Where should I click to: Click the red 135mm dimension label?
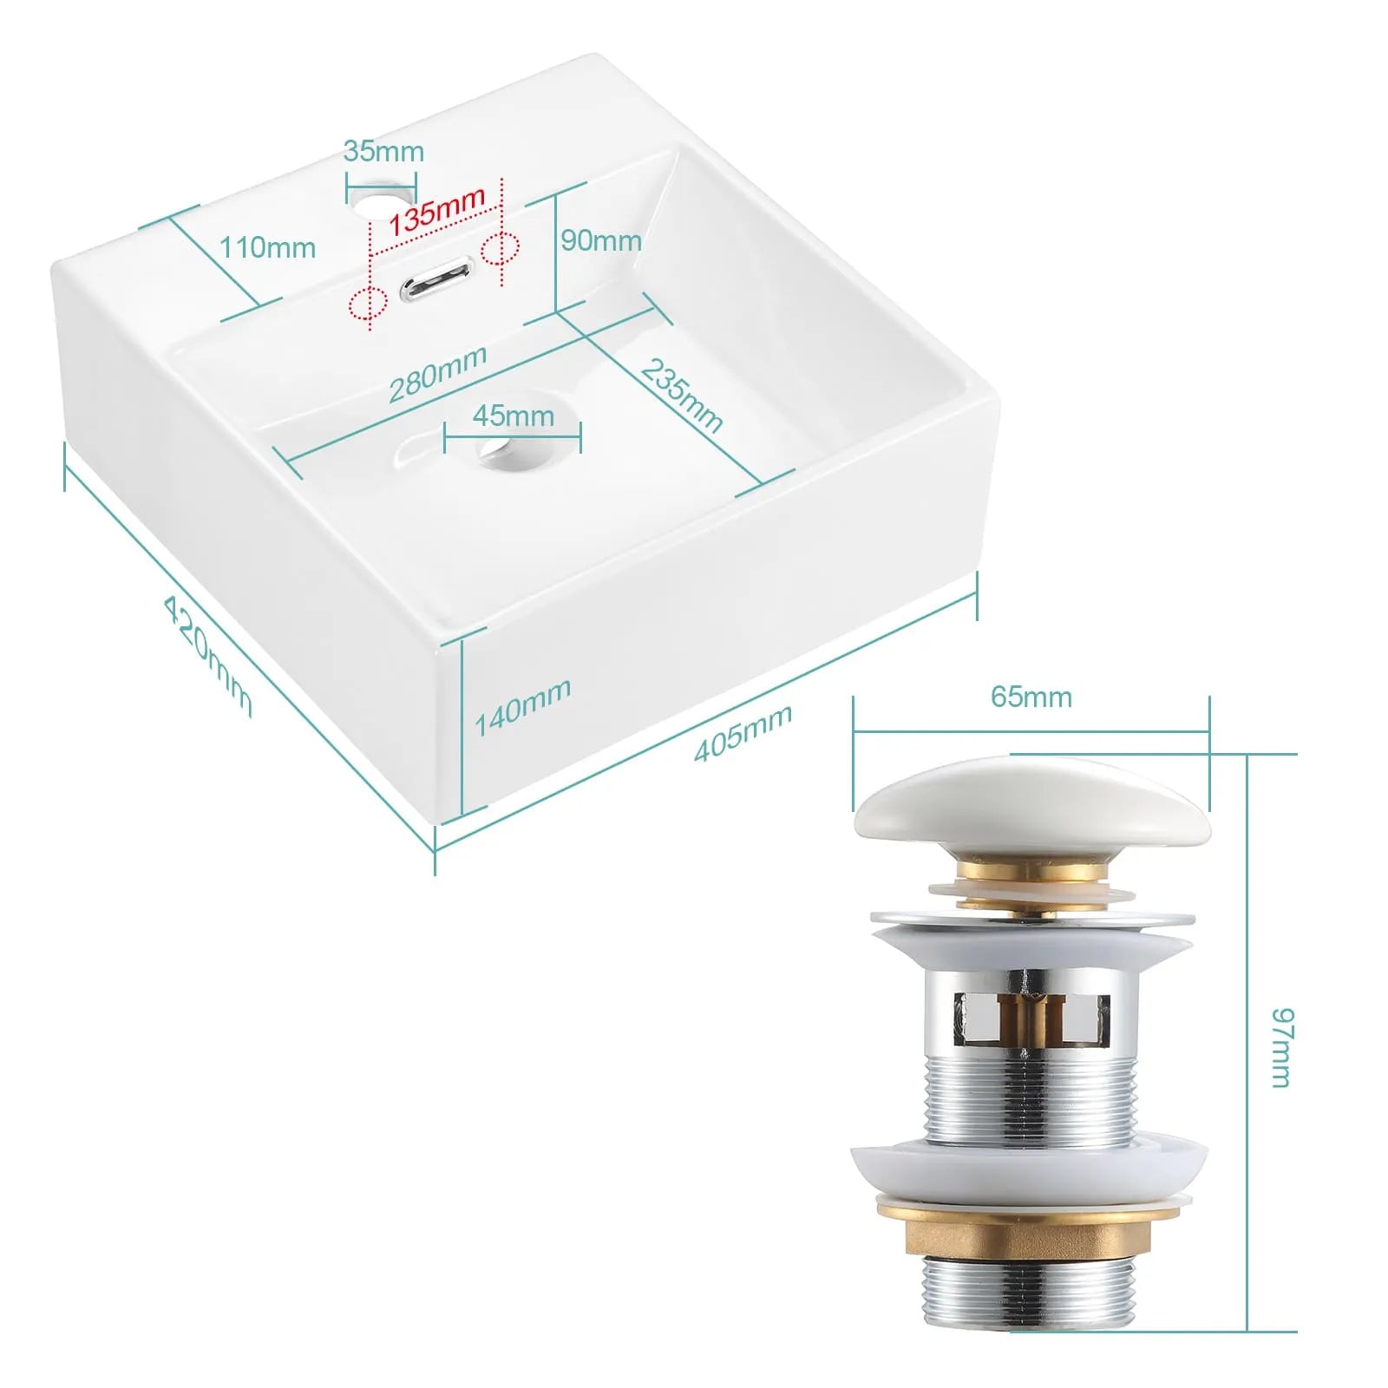pos(436,211)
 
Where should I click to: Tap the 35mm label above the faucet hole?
pos(383,151)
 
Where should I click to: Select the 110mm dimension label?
pos(267,247)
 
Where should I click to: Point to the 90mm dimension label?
pos(601,240)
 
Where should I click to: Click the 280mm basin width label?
pos(437,373)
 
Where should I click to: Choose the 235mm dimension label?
pos(682,396)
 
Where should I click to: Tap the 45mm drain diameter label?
pos(514,416)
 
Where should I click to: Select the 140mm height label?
pos(523,706)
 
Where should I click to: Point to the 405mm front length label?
pos(743,733)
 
